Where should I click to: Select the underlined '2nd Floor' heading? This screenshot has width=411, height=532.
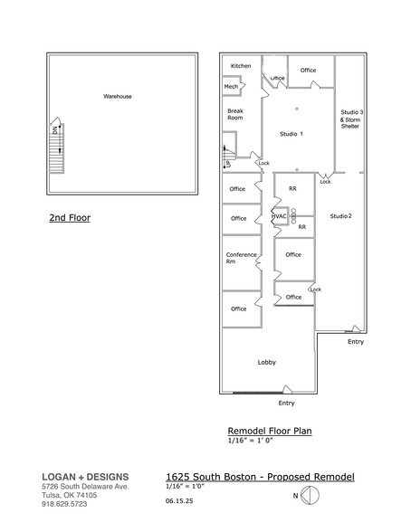pos(70,218)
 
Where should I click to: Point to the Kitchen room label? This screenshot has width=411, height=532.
pos(241,66)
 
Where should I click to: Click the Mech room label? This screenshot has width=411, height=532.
pos(231,87)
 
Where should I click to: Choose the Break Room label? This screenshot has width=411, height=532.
pos(235,114)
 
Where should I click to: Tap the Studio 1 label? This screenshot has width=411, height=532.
pos(290,134)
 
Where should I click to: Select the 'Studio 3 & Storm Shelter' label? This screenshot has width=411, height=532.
pos(350,119)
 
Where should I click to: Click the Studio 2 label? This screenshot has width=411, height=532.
pos(340,216)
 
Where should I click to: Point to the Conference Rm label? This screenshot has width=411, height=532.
pos(241,258)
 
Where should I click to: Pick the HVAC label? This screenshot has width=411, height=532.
pos(280,216)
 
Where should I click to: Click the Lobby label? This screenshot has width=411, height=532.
pos(266,363)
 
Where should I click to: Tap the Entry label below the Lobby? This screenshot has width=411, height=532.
pos(286,403)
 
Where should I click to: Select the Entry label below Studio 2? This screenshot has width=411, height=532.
pos(356,341)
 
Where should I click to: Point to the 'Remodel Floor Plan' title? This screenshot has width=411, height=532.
pos(269,431)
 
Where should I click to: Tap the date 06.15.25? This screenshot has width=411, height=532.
pos(181,499)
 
